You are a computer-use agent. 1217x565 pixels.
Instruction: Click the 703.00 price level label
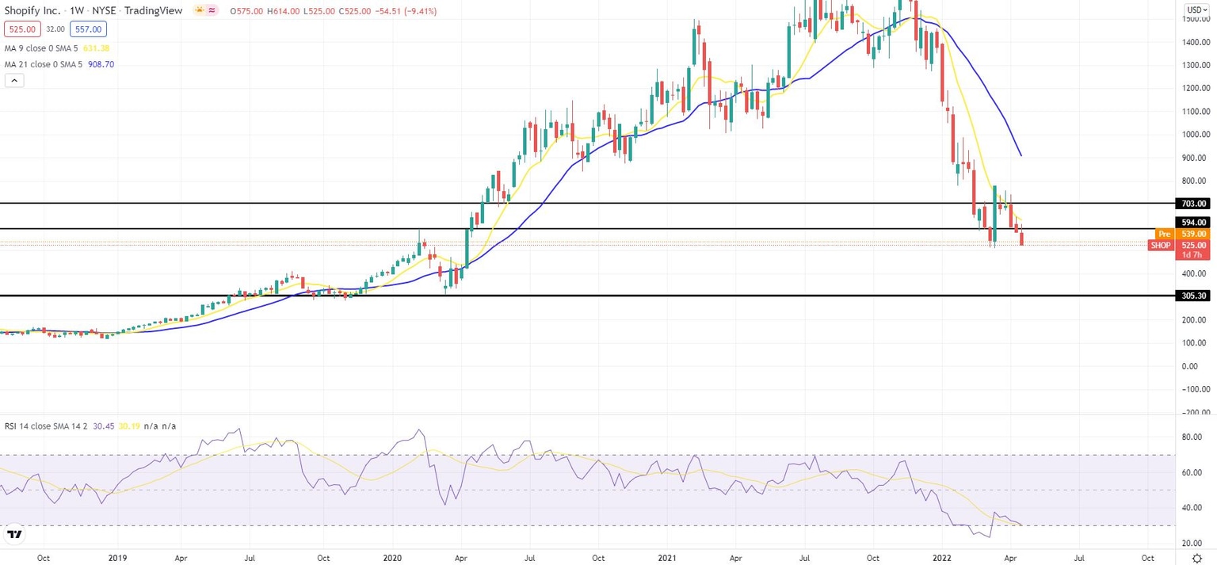click(1192, 204)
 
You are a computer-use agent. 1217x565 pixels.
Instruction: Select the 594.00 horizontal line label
click(1192, 223)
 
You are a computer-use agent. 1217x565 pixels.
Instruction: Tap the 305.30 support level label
click(1192, 296)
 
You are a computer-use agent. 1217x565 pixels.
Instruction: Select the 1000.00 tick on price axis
click(1193, 135)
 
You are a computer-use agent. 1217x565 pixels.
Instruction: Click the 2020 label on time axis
click(392, 557)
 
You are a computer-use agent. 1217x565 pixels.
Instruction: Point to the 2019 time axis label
click(118, 557)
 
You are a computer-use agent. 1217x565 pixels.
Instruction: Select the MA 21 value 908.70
click(99, 64)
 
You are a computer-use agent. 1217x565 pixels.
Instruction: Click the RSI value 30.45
click(104, 426)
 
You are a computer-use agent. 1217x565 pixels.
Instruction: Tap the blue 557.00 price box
click(90, 29)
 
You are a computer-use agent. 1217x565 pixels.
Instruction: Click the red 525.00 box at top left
click(20, 29)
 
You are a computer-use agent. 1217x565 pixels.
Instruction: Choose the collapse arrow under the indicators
click(14, 80)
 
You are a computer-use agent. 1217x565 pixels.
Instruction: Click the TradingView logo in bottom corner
click(13, 536)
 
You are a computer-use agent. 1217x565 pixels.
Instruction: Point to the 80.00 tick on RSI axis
click(1193, 437)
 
